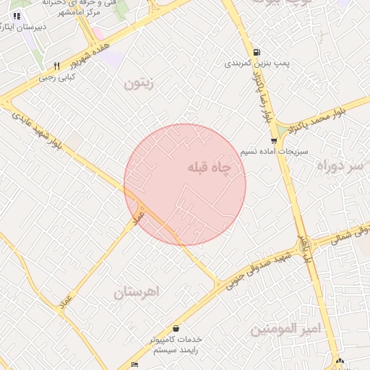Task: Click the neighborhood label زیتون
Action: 139,83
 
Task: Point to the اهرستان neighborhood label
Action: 136,292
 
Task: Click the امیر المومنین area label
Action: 284,330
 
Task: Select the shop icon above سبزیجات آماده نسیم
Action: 273,141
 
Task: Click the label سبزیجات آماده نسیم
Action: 275,152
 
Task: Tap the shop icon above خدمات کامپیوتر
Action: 176,328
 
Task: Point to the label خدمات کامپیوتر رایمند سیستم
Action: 177,344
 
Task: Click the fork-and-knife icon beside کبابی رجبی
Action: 56,66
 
